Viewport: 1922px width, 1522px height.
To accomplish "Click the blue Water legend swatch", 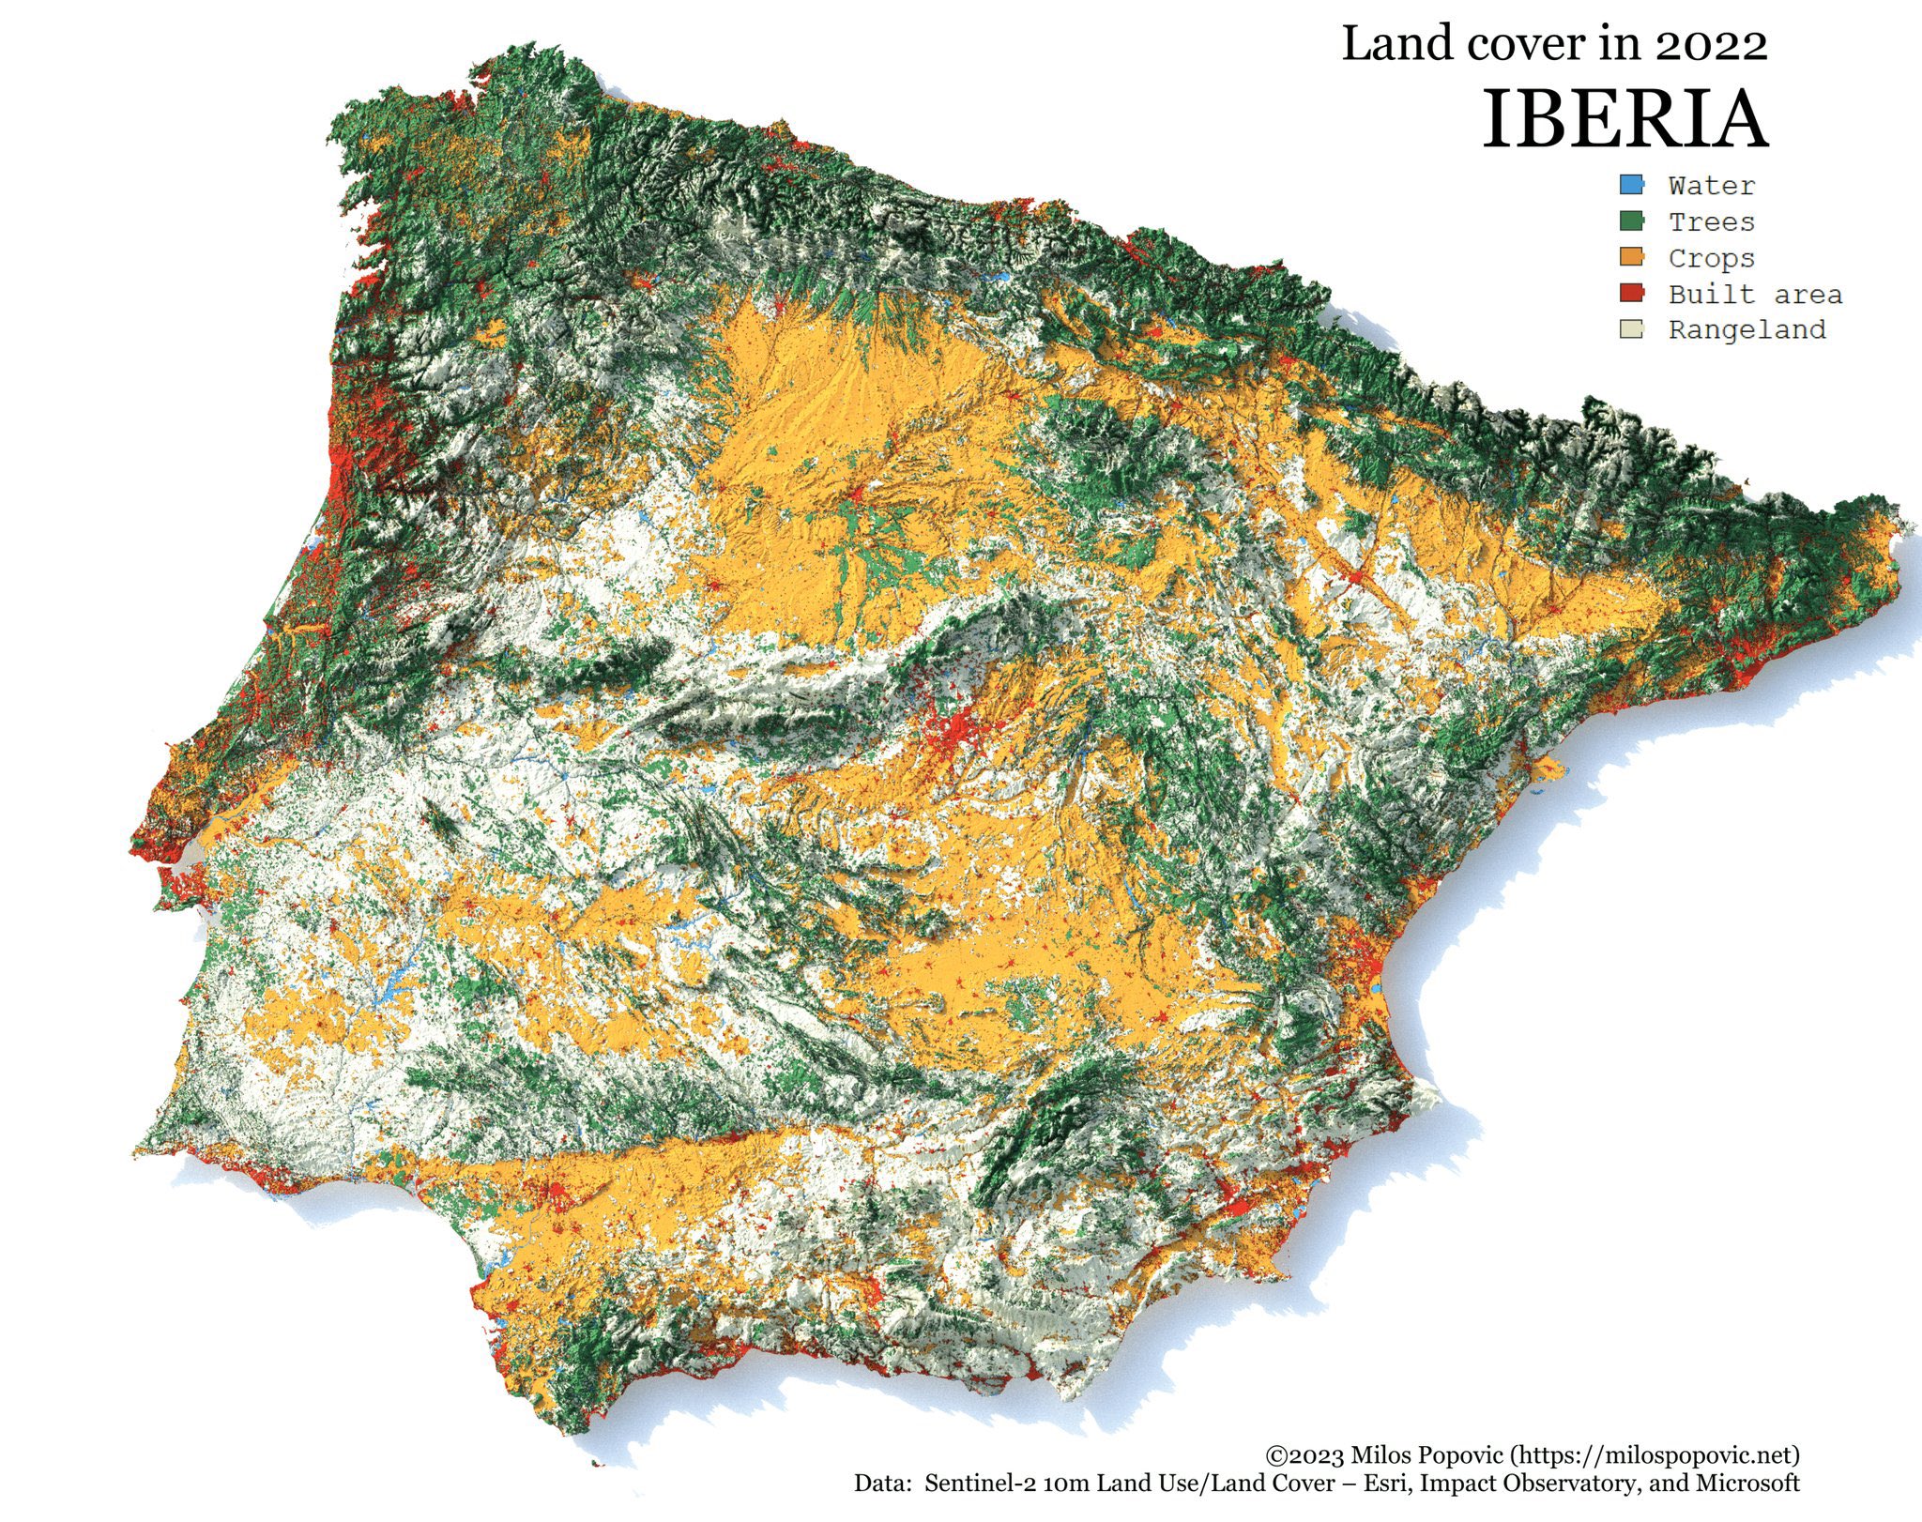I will [1631, 185].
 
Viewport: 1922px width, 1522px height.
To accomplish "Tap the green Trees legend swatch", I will [1631, 221].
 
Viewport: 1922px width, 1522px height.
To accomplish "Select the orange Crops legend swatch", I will [1631, 257].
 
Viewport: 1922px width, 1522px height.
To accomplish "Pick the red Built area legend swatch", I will [1631, 294].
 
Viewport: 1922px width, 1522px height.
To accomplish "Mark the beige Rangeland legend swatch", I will [1631, 329].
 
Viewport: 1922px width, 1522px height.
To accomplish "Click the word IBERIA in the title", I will [1625, 120].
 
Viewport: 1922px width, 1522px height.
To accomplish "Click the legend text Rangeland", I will [1747, 330].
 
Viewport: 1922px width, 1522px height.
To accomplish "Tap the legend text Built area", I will [1755, 295].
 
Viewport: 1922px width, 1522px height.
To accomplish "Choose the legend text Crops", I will [1711, 258].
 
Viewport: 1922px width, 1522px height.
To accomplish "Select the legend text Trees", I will [1711, 222].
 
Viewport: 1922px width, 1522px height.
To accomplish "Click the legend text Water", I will [1711, 186].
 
